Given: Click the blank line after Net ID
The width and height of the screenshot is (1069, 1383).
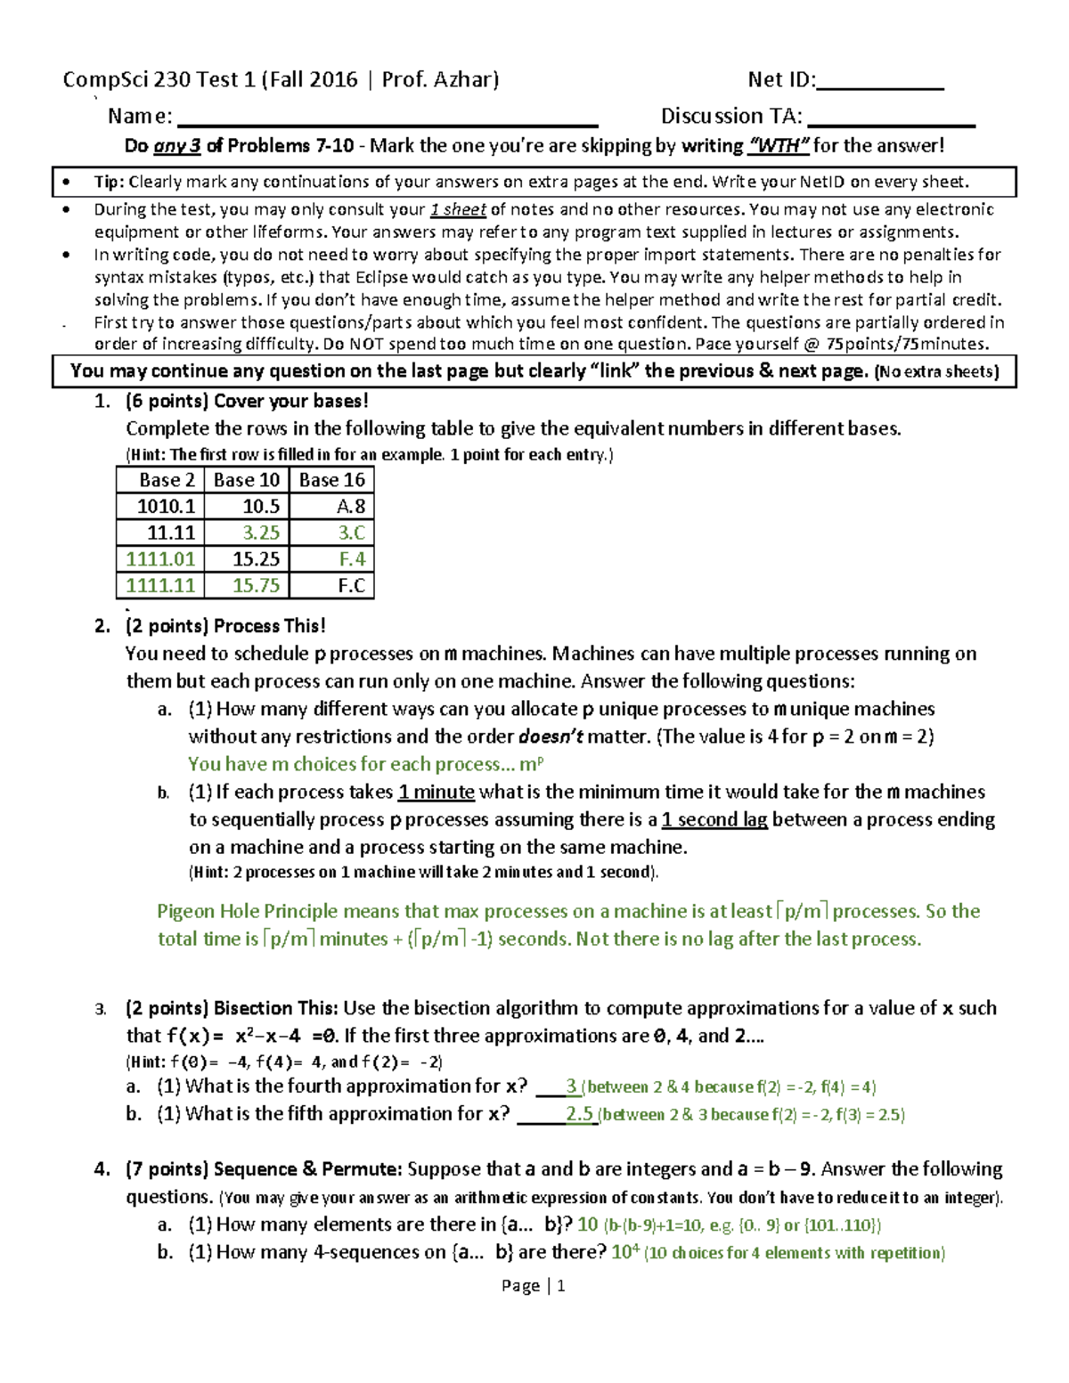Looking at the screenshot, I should (879, 86).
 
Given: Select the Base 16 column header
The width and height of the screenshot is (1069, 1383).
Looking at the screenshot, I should (332, 480).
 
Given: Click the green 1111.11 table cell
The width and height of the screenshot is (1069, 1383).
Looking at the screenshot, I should (160, 586).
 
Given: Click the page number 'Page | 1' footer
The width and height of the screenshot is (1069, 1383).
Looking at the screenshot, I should (533, 1285).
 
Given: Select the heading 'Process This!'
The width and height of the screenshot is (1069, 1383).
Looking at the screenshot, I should (270, 626).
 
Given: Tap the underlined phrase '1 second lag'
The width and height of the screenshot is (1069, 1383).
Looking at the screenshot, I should (714, 819).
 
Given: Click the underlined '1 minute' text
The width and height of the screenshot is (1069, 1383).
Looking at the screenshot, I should (437, 792).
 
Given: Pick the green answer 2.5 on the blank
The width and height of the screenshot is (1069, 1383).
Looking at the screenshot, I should (579, 1114).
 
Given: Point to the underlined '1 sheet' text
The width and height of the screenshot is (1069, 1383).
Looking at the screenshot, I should (458, 210).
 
